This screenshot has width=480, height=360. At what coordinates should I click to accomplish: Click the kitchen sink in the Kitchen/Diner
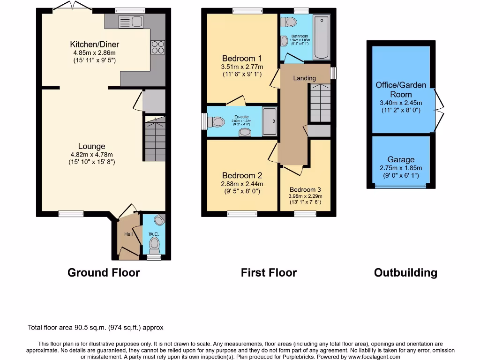tap(131, 21)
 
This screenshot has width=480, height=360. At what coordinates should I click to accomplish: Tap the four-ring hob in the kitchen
tap(157, 47)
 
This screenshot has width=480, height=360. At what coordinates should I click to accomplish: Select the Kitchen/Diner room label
tap(95, 45)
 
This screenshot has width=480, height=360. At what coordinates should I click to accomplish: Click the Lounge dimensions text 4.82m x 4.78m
tap(91, 154)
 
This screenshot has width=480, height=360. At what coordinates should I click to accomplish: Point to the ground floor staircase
tap(154, 139)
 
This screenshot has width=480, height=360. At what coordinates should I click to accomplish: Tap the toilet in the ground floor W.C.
tap(154, 244)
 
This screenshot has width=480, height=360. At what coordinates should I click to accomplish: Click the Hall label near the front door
tap(128, 234)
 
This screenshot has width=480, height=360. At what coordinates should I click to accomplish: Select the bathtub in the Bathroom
tap(322, 37)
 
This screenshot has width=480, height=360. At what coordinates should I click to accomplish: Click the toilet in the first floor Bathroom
tap(291, 22)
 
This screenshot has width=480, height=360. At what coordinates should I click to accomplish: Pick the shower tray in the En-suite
tap(270, 121)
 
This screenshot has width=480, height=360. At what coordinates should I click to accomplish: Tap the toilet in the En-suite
tap(217, 122)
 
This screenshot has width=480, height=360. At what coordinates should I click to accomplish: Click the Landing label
tap(305, 78)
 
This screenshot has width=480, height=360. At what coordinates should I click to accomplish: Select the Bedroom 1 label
tap(241, 59)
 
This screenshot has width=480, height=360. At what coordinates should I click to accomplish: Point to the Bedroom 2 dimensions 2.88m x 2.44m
tap(241, 184)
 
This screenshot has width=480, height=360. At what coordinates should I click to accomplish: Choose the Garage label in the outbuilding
tap(401, 160)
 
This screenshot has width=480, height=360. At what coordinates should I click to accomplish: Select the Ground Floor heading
tap(104, 272)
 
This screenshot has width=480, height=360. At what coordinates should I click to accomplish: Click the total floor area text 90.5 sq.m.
tap(96, 328)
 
